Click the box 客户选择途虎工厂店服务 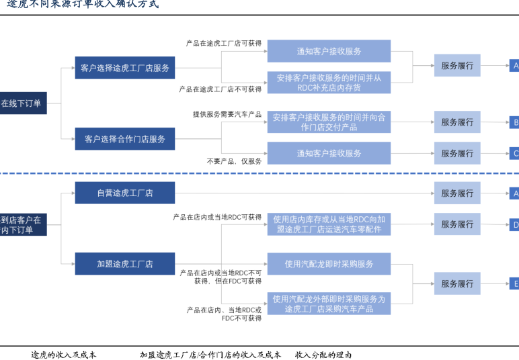[124, 67]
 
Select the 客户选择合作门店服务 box [124, 139]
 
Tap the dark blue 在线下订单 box [22, 103]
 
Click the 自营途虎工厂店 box [124, 193]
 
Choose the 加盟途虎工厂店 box [124, 264]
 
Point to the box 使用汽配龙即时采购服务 [329, 264]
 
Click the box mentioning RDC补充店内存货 [329, 83]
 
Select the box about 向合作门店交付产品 [329, 122]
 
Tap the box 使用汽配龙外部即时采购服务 [329, 304]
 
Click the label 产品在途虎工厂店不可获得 [220, 89]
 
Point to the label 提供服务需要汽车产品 [227, 114]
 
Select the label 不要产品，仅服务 [234, 161]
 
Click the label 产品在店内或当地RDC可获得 [217, 217]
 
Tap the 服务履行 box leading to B [457, 122]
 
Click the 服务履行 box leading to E [457, 283]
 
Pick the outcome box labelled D [514, 224]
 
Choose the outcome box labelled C [514, 153]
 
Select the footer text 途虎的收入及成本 [64, 355]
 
